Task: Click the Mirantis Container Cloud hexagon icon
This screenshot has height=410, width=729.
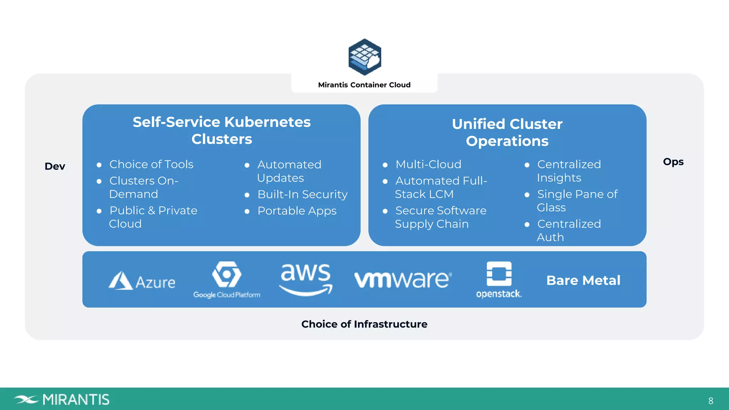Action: pos(364,57)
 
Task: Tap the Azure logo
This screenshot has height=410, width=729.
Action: pos(142,281)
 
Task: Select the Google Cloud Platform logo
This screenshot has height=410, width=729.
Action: pos(227,279)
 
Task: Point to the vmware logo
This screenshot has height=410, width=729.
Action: pos(403,279)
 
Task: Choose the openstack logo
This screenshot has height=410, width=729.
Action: pos(499,279)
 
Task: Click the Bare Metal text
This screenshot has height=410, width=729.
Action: pos(583,280)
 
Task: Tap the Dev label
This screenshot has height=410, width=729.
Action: pos(55,166)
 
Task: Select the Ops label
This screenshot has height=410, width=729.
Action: pos(673,162)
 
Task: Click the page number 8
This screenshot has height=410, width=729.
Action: pos(710,401)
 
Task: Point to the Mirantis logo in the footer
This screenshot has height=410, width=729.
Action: pos(62,399)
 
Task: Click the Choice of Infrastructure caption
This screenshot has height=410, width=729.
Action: pos(364,324)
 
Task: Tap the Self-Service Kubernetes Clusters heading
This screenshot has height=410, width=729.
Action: pos(221,130)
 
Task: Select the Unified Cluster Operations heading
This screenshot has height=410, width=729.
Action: pos(507,132)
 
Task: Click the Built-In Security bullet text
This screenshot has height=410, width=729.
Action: pos(302,194)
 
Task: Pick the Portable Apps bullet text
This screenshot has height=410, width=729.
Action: pos(297,211)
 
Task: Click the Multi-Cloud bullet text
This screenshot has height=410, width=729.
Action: pos(428,164)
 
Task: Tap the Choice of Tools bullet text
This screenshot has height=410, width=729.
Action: pos(151,164)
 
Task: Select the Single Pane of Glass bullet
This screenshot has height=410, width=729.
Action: pos(577,201)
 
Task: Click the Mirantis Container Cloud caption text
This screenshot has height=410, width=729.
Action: pos(364,85)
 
